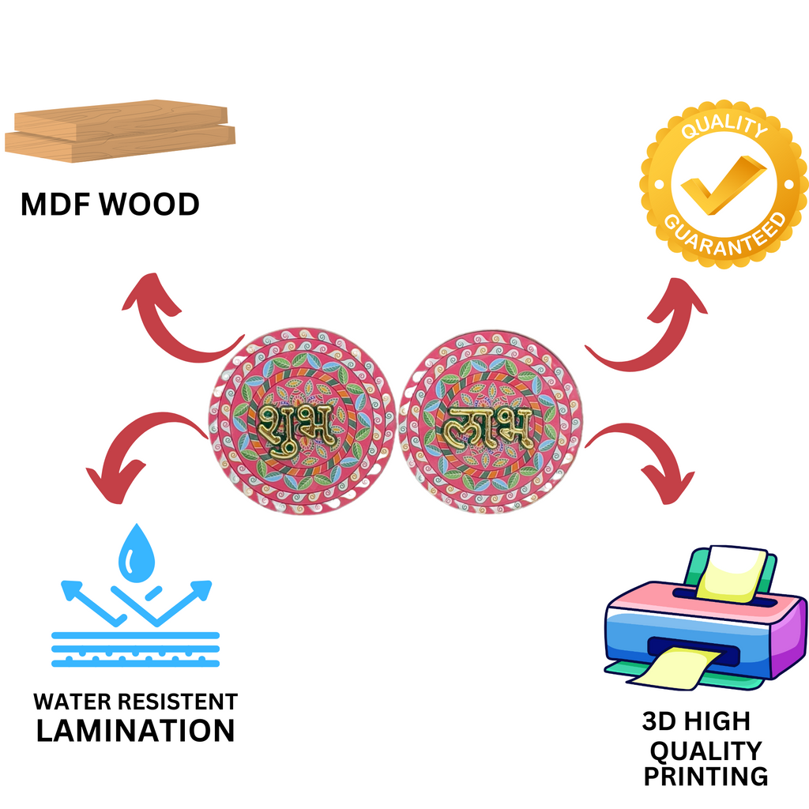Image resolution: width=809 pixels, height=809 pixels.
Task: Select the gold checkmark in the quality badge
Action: pyautogui.click(x=722, y=185)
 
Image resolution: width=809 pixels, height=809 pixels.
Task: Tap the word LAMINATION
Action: pyautogui.click(x=136, y=731)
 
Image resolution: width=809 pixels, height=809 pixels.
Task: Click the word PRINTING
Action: pyautogui.click(x=705, y=776)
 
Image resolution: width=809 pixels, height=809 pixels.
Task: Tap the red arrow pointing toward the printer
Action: pyautogui.click(x=648, y=458)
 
